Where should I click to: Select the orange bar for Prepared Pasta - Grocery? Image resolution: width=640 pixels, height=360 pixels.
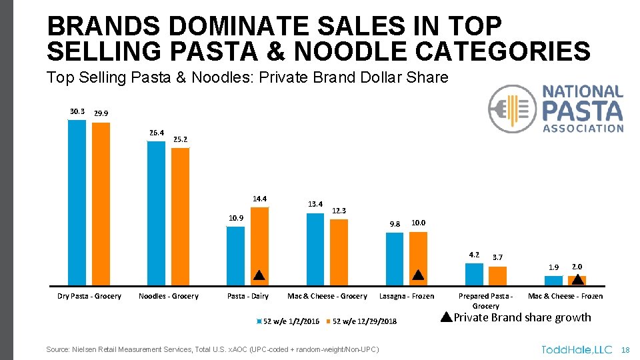[x=497, y=275]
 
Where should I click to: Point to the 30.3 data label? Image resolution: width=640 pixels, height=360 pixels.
[x=77, y=111]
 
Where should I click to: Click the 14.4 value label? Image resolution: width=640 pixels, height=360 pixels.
[x=259, y=199]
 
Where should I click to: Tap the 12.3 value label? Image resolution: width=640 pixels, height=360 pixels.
[x=339, y=211]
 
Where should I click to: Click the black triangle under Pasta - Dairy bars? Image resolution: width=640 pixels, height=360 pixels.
[x=259, y=275]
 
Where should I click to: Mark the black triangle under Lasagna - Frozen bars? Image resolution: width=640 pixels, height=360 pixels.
[x=418, y=275]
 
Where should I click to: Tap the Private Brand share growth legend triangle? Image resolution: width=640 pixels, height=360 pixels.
[x=447, y=317]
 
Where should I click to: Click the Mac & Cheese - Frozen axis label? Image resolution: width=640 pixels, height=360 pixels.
[x=565, y=296]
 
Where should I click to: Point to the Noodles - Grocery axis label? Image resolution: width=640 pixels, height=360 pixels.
[x=168, y=296]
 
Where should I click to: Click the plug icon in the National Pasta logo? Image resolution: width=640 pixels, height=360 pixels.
[x=511, y=109]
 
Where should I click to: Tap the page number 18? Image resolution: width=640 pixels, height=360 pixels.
[x=625, y=350]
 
